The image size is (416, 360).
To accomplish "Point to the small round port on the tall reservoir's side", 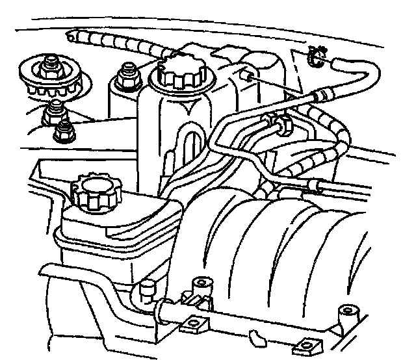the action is click(246, 76).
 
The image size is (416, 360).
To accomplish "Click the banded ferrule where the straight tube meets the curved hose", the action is click(320, 96).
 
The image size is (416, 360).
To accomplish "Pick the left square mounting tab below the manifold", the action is click(194, 322).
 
